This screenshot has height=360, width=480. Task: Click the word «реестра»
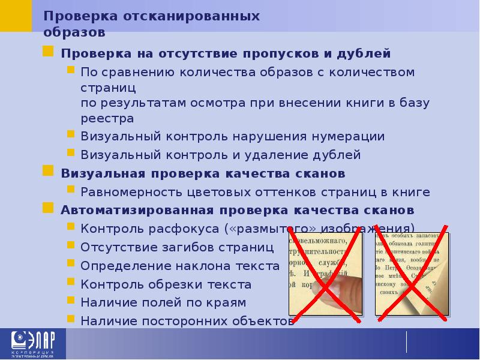[x=107, y=118]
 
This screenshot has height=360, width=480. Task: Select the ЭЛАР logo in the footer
[x=31, y=344]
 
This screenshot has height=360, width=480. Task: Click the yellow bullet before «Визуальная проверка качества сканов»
[x=47, y=173]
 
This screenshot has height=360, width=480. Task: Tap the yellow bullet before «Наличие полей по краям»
[x=70, y=302]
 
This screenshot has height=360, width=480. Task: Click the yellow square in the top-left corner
[x=16, y=15]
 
